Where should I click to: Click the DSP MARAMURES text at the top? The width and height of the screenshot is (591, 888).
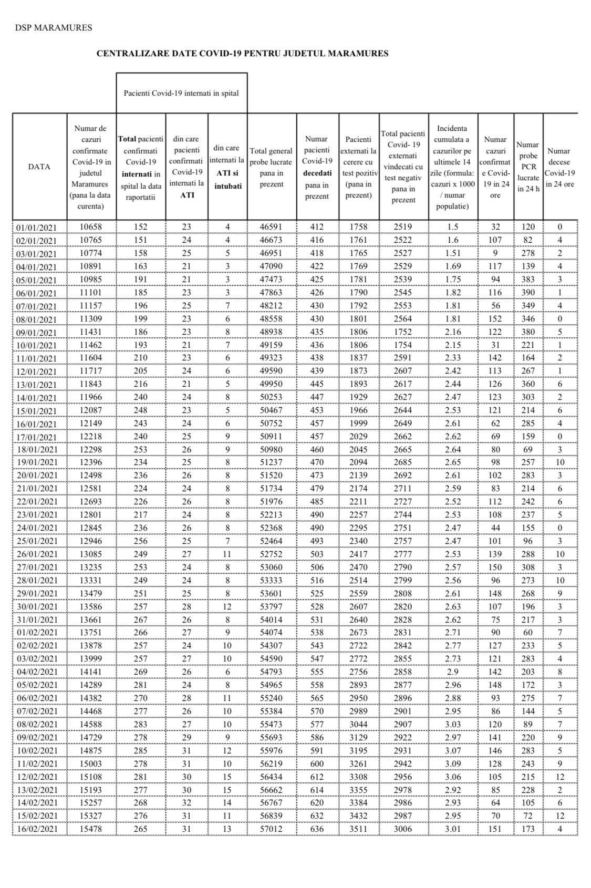click(x=53, y=28)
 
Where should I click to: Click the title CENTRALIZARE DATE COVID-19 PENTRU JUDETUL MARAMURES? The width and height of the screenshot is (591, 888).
click(x=242, y=53)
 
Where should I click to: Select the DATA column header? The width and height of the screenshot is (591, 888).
click(x=39, y=167)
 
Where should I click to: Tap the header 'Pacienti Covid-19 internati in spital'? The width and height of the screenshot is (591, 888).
click(x=181, y=93)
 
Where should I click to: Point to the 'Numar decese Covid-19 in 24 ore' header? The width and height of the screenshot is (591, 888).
click(x=559, y=167)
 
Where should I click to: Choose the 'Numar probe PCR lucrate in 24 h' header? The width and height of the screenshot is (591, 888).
click(x=528, y=167)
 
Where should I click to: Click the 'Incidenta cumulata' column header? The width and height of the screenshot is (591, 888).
click(x=453, y=167)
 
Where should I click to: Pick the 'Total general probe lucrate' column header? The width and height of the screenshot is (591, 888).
click(x=271, y=167)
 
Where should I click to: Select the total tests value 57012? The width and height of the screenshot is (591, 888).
click(x=271, y=829)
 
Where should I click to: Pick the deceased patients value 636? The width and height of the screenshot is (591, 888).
click(x=317, y=829)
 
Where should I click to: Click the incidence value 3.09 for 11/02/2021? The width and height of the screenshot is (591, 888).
click(x=453, y=763)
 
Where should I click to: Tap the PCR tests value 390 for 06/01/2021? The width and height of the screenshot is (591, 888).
click(x=528, y=292)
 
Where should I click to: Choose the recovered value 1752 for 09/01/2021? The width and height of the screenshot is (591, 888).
click(x=403, y=332)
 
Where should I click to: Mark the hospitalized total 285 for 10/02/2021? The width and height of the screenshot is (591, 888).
click(x=140, y=750)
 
